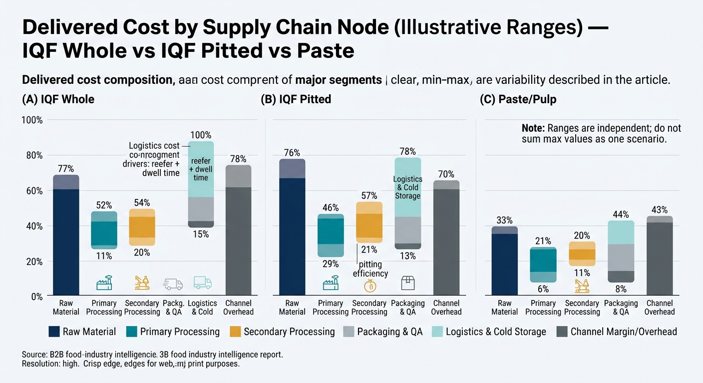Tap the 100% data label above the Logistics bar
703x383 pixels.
(x=201, y=135)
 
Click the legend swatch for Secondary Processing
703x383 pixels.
(x=235, y=332)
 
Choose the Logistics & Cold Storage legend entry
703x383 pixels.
(x=495, y=332)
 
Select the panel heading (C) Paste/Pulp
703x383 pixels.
(x=518, y=99)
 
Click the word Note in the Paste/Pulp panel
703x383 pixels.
(x=532, y=128)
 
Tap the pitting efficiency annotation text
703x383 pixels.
(x=370, y=269)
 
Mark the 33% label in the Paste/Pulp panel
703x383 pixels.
(x=505, y=220)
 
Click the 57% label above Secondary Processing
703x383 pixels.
(x=369, y=195)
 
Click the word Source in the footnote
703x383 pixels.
(x=34, y=355)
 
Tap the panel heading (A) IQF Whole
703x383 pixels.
(x=58, y=99)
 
